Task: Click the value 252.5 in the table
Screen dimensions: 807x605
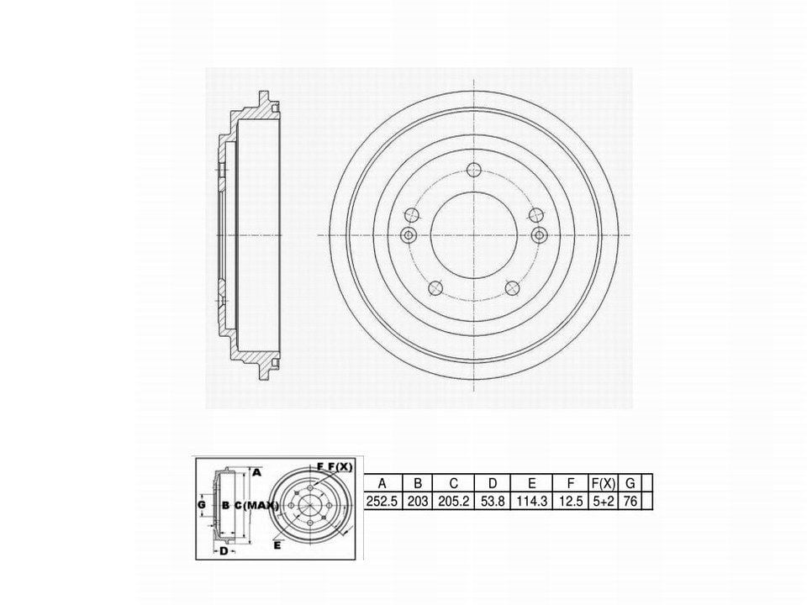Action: point(382,501)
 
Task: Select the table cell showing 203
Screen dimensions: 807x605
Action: point(418,501)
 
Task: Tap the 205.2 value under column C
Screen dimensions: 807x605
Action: point(453,501)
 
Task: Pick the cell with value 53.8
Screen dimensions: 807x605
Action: point(493,501)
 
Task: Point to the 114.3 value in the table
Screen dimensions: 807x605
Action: point(531,501)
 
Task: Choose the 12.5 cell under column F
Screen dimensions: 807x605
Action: point(570,501)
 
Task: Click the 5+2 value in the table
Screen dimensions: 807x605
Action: point(604,501)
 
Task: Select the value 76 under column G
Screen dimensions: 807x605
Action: point(630,501)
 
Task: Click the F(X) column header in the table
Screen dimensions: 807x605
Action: point(604,483)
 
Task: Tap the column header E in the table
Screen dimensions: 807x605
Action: point(531,483)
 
